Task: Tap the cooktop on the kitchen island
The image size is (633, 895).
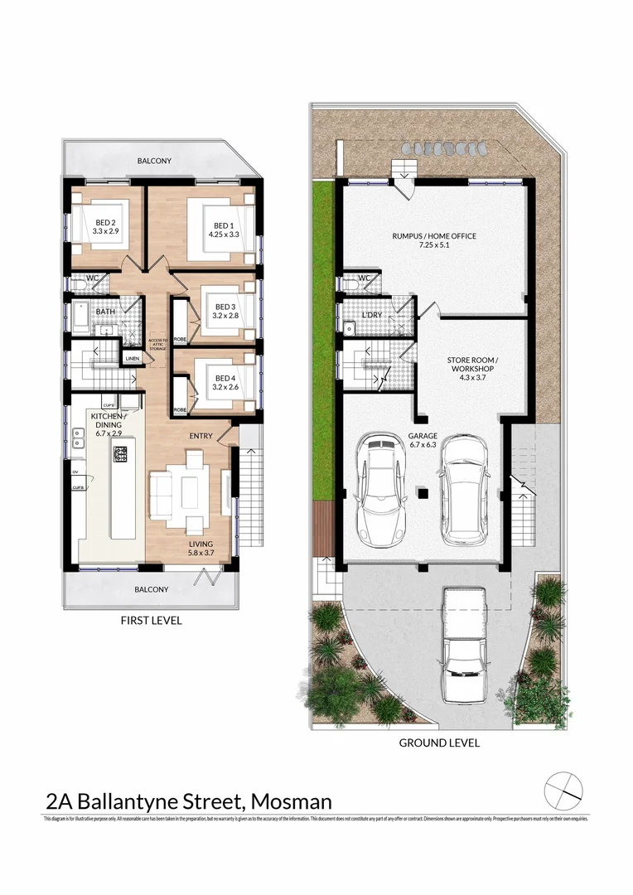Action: pyautogui.click(x=120, y=454)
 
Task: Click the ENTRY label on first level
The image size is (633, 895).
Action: pyautogui.click(x=201, y=436)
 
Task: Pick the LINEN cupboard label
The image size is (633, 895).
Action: pyautogui.click(x=131, y=359)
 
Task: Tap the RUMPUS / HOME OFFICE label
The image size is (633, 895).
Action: pyautogui.click(x=434, y=241)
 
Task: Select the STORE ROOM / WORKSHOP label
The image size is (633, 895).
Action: pyautogui.click(x=471, y=365)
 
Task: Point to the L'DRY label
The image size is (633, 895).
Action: pyautogui.click(x=371, y=315)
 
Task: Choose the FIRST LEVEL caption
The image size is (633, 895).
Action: pyautogui.click(x=151, y=620)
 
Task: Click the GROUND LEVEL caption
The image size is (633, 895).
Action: pyautogui.click(x=439, y=743)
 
